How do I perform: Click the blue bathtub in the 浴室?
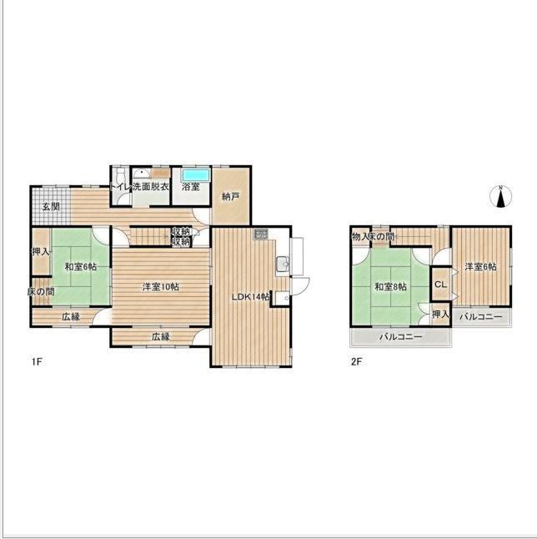[x=195, y=175]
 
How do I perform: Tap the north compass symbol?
[x=500, y=197]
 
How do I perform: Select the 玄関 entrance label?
[x=51, y=207]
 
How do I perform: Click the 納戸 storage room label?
[x=230, y=197]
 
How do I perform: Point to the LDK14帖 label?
[x=250, y=297]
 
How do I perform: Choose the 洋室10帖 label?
[x=160, y=287]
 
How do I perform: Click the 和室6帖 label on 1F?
[x=81, y=266]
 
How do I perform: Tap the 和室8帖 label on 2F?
[x=390, y=286]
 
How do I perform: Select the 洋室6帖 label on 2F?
[x=480, y=266]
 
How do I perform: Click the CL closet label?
[x=441, y=285]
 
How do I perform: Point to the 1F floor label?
[x=37, y=361]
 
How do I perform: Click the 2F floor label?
[x=357, y=361]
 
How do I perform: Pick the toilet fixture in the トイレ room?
[x=120, y=174]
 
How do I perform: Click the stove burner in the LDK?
[x=261, y=234]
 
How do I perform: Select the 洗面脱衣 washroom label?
[x=151, y=187]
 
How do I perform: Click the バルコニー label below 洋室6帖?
[x=480, y=316]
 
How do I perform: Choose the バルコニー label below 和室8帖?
[x=400, y=336]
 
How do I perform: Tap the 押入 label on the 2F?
[x=440, y=314]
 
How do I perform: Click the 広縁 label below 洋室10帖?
[x=161, y=336]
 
